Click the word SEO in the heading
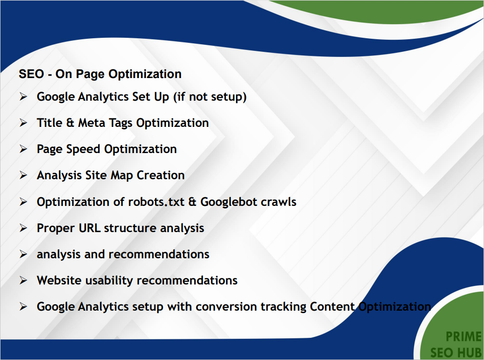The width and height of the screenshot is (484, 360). click(x=30, y=74)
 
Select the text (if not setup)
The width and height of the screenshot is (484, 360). click(x=210, y=97)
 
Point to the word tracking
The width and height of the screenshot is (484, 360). click(x=283, y=307)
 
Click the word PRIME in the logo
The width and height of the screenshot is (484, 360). click(x=463, y=337)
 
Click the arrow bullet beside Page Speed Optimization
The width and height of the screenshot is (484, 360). click(x=23, y=149)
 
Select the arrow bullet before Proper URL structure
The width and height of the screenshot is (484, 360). click(x=23, y=228)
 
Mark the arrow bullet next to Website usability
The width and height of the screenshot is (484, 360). click(x=23, y=280)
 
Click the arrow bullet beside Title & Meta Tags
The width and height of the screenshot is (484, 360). click(x=23, y=123)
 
